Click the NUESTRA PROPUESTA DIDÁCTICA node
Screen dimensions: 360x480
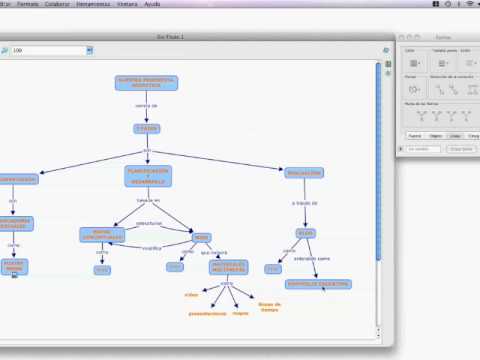[146, 83]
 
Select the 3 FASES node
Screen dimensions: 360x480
[146, 128]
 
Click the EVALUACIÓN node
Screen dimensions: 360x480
[304, 172]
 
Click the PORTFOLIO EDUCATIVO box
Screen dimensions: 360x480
[317, 283]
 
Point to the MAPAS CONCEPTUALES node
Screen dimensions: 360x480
[101, 235]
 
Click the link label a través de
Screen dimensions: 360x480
[304, 203]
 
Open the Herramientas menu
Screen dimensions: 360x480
[105, 4]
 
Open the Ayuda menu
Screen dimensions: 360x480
[180, 4]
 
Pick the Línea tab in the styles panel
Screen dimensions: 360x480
[455, 135]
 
